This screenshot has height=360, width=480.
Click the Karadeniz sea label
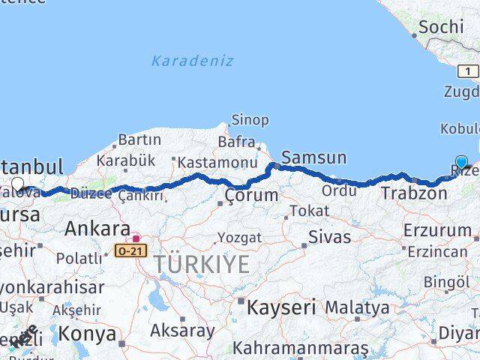click(192, 61)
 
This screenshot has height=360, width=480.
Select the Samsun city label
click(313, 157)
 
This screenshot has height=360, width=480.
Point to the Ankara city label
click(97, 228)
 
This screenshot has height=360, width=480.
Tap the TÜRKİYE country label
click(202, 264)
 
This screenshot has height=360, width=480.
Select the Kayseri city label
click(280, 307)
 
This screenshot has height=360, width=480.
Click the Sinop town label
click(250, 120)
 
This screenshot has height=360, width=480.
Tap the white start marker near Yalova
click(17, 183)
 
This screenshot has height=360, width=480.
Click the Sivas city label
click(329, 238)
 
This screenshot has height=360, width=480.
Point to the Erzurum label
click(436, 229)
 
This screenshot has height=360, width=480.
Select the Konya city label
click(88, 333)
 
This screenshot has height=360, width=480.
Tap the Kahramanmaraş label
click(300, 349)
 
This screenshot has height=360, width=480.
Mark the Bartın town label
click(139, 139)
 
